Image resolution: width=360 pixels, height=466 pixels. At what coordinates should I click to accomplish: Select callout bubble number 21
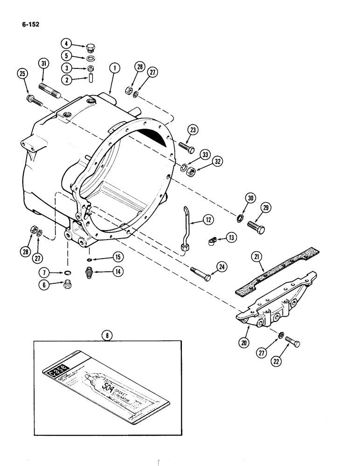tap(256, 256)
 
